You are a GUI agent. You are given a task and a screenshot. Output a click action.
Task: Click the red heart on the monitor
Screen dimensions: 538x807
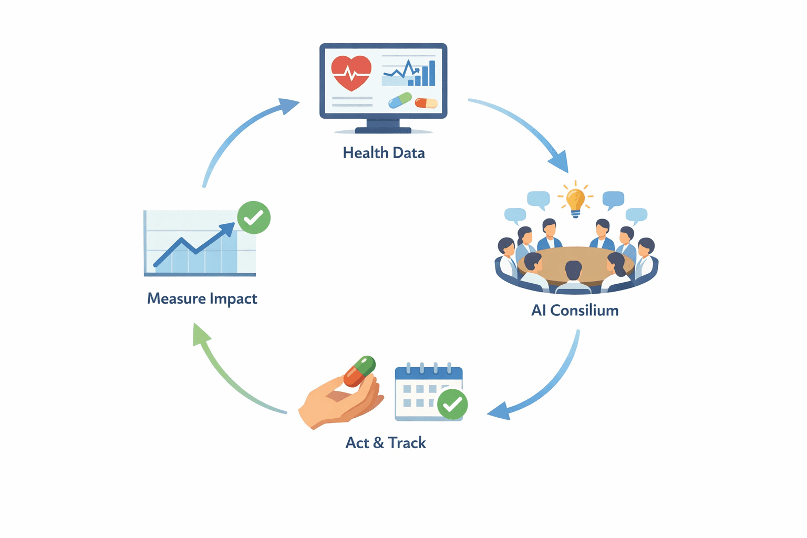[351, 73]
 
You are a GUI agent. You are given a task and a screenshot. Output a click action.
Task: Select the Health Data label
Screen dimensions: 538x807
[384, 153]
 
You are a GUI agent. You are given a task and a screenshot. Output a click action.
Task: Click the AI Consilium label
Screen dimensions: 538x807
[575, 311]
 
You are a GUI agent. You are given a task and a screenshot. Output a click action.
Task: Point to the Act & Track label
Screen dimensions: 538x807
[386, 443]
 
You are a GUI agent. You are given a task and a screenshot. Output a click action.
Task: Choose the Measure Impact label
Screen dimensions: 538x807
[202, 298]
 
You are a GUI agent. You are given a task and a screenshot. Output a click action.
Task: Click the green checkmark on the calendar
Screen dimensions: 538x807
[452, 404]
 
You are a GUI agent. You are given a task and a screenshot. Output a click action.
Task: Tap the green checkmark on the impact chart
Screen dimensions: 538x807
[254, 217]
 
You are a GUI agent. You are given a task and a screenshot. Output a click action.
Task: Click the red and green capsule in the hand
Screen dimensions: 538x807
[360, 371]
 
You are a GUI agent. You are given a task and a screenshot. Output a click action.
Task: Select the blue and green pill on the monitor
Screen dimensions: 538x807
[400, 100]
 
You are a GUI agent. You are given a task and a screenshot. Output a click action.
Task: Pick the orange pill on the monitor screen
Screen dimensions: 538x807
[426, 103]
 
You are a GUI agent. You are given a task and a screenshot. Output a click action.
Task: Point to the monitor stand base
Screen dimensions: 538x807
[383, 129]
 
